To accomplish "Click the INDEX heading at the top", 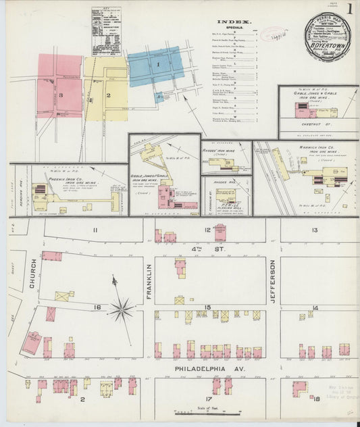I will tap(234, 22).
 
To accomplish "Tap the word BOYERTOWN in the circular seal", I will tap(326, 49).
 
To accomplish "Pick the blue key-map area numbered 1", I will tap(157, 66).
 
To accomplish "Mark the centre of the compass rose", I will tap(122, 310).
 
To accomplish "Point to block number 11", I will tap(95, 230).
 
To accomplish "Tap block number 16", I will tap(97, 307).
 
